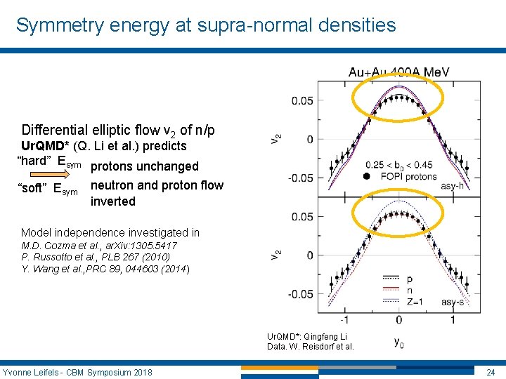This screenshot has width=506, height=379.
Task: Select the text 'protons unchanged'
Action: pos(145,166)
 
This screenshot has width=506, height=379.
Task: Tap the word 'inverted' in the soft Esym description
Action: pos(112,201)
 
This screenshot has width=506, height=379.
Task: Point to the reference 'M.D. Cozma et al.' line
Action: pos(98,246)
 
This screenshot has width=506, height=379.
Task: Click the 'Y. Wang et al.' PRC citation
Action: pos(105,268)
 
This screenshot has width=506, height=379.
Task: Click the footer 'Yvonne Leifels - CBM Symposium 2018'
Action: pos(77,371)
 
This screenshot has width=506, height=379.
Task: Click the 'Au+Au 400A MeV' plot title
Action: pos(399,72)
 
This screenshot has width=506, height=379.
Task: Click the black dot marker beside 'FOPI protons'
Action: pos(367,175)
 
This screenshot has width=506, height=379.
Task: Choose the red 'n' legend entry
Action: pos(410,289)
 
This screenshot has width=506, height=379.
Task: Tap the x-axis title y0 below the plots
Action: pos(398,343)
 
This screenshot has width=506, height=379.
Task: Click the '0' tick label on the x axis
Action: pos(399,319)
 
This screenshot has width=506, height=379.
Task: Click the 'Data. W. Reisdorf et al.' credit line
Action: pos(310,346)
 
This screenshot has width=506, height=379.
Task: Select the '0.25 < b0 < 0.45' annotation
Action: pos(398,165)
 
